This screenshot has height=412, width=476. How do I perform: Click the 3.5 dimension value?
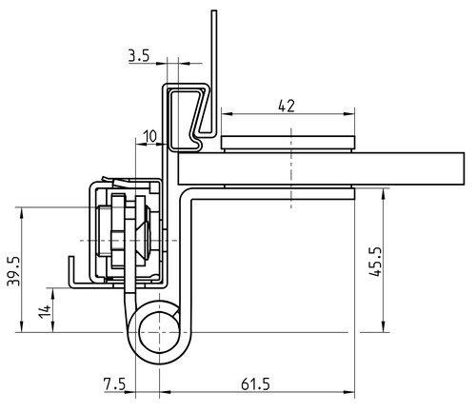[139, 55]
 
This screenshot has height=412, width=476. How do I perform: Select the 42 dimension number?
[287, 106]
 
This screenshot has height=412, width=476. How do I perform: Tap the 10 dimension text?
[149, 136]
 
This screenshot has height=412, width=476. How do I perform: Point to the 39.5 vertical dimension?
[13, 271]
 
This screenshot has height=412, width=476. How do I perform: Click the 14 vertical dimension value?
[45, 311]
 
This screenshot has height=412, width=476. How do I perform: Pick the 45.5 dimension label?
[376, 261]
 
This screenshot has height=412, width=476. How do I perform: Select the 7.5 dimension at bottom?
[114, 384]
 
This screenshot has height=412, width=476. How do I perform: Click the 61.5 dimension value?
[255, 384]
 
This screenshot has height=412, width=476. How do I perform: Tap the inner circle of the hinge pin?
[159, 332]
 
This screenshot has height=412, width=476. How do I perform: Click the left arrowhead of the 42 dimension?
[227, 114]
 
